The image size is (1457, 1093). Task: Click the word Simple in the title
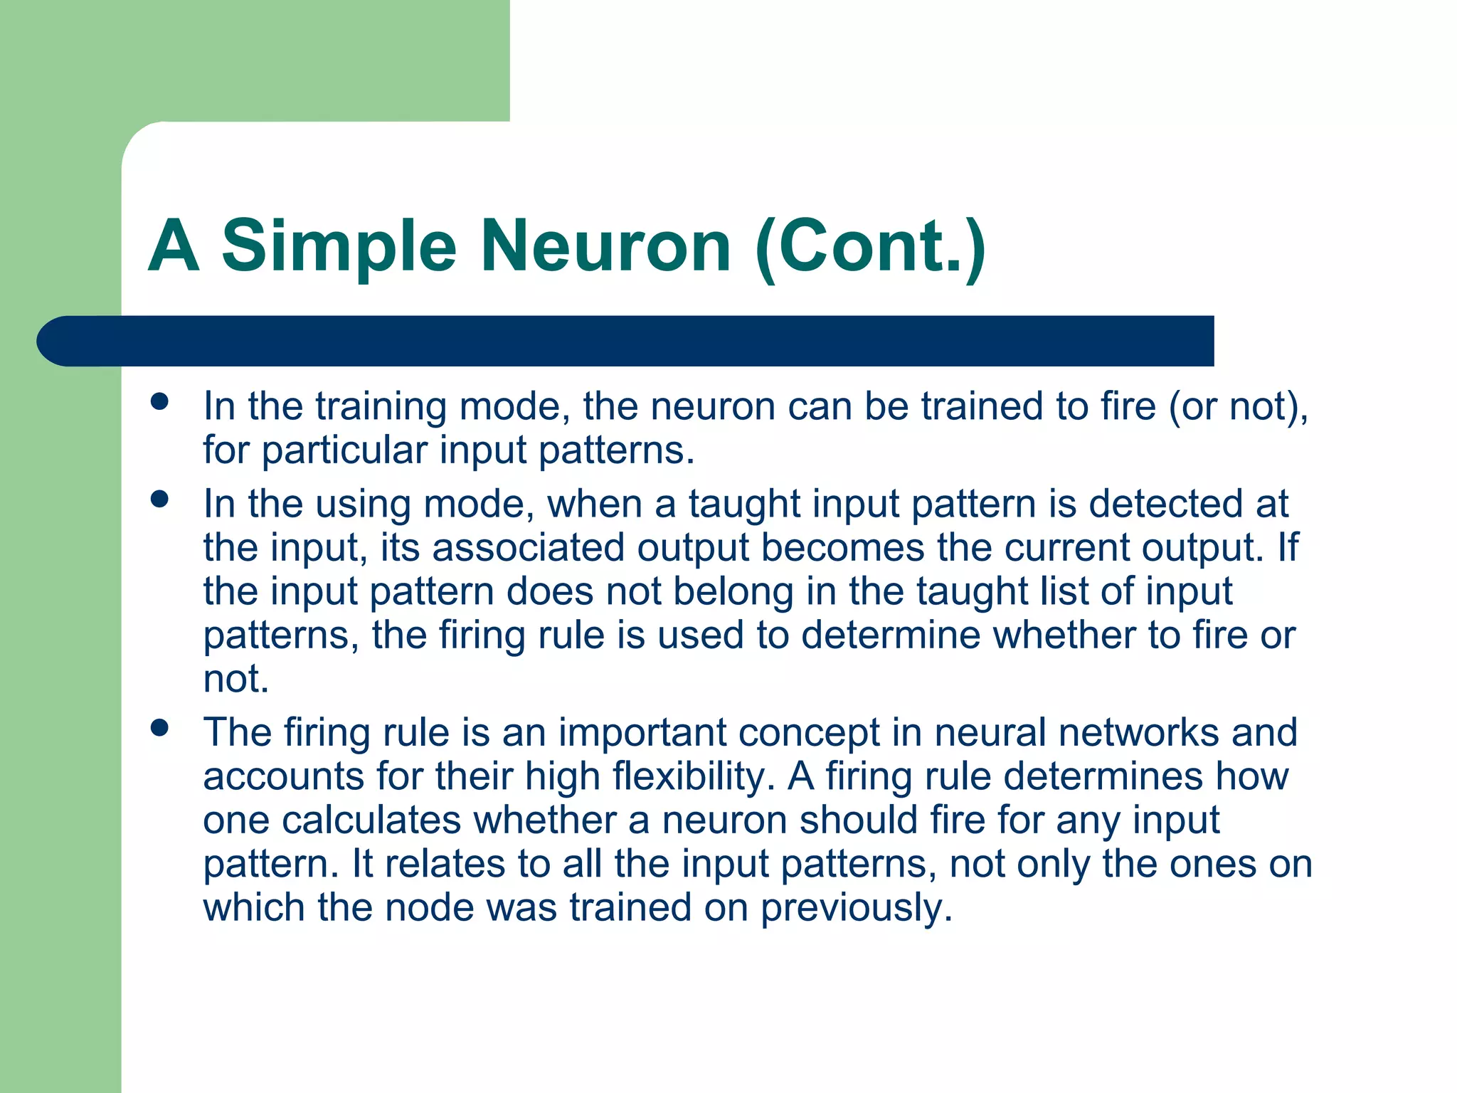[339, 247]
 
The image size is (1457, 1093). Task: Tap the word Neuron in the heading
[605, 245]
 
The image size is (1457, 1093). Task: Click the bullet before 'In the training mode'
[160, 401]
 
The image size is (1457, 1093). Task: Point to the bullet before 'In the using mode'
[160, 499]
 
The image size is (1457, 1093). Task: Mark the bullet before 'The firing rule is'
[160, 727]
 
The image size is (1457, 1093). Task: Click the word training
[381, 407]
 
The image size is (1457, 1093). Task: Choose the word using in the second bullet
[363, 505]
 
